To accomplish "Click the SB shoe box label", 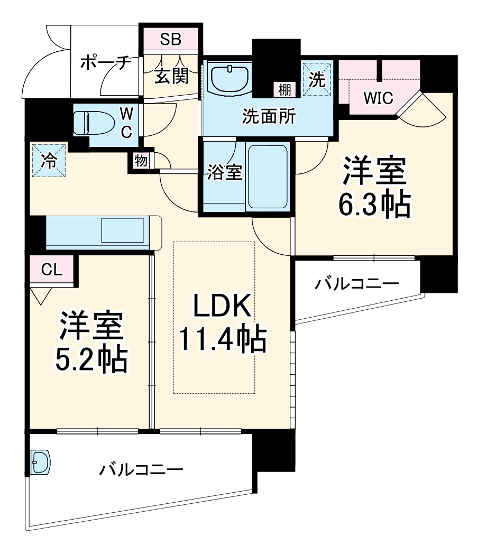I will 171,39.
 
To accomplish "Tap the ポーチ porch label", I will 106,63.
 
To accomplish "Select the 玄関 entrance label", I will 171,77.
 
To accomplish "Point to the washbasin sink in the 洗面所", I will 229,79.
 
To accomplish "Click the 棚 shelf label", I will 285,90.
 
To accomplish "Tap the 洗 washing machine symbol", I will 317,79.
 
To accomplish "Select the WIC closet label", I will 378,98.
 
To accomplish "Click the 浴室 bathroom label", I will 224,173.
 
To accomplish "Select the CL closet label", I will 52,270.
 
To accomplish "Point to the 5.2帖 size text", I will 91,361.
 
